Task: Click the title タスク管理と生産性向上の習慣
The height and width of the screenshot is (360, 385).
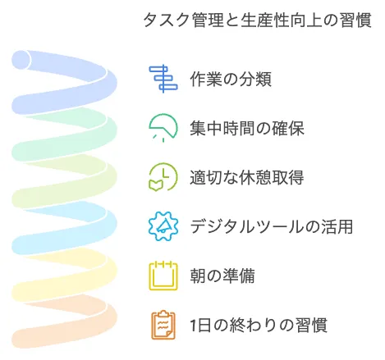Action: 258,20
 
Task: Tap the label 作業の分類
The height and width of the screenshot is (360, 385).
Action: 231,79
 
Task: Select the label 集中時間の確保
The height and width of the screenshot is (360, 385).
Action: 247,128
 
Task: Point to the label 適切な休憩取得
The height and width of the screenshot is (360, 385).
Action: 247,177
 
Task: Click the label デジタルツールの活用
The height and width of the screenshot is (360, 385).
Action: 272,226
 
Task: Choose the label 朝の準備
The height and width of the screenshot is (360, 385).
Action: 222,276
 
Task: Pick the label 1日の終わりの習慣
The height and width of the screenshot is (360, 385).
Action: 259,325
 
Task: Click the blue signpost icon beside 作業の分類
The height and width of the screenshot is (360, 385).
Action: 163,79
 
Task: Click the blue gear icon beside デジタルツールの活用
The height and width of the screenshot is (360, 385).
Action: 163,226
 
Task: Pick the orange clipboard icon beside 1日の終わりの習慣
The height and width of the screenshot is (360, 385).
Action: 163,325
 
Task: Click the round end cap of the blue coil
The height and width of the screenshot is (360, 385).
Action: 21,60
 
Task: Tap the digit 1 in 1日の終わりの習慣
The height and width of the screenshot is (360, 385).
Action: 194,326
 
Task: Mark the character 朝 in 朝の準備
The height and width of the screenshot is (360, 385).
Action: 198,276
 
